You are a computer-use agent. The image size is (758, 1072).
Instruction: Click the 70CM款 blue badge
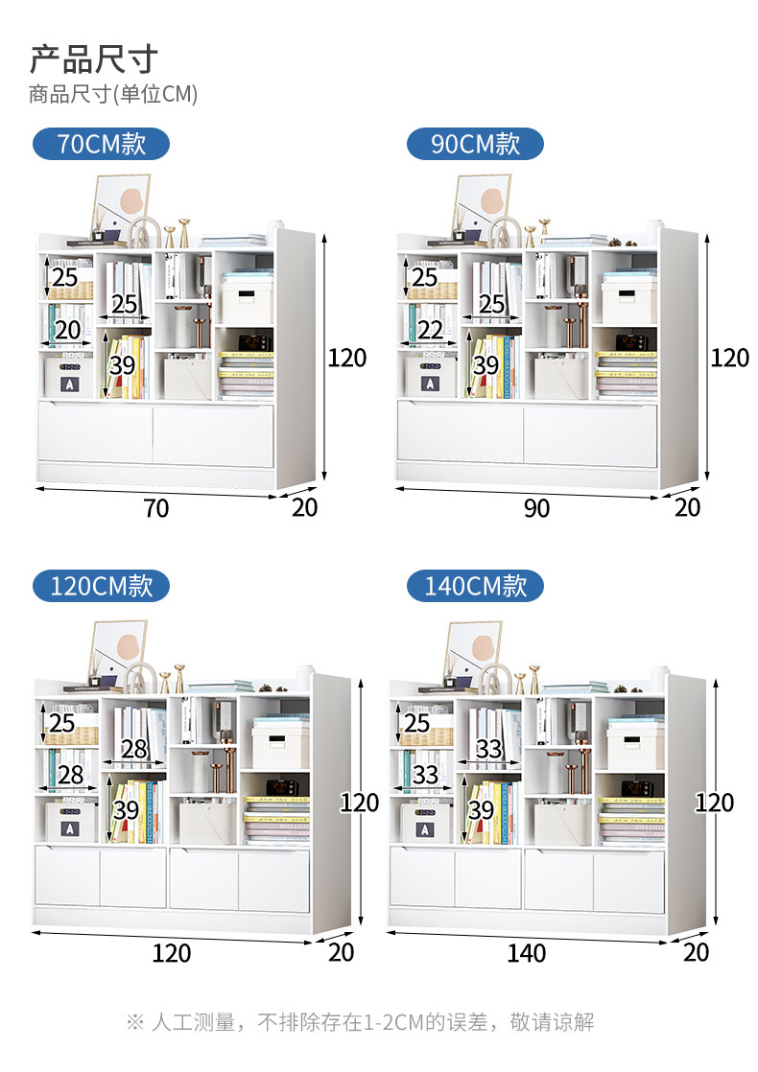pyautogui.click(x=102, y=144)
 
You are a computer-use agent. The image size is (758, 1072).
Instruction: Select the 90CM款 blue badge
pyautogui.click(x=475, y=144)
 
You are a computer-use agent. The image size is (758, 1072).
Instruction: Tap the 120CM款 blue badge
pyautogui.click(x=102, y=586)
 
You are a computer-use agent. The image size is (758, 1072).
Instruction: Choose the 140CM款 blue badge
pyautogui.click(x=475, y=586)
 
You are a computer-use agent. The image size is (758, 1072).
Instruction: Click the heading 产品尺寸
pyautogui.click(x=94, y=59)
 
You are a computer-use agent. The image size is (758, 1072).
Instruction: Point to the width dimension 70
pyautogui.click(x=156, y=508)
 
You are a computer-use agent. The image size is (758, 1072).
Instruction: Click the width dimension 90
pyautogui.click(x=536, y=508)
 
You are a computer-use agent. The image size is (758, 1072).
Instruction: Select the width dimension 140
pyautogui.click(x=526, y=952)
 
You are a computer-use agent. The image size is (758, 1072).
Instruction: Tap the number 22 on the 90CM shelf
pyautogui.click(x=430, y=330)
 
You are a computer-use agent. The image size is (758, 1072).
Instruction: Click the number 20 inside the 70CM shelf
pyautogui.click(x=68, y=330)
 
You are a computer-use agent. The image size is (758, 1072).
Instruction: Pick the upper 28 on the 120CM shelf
pyautogui.click(x=134, y=749)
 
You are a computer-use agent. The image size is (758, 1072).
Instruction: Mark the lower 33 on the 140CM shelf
pyautogui.click(x=425, y=775)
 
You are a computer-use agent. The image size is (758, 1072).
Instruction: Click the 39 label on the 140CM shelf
pyautogui.click(x=481, y=810)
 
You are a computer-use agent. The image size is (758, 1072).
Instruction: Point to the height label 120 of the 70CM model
pyautogui.click(x=346, y=358)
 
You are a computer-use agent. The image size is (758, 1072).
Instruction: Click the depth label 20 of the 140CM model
pyautogui.click(x=696, y=952)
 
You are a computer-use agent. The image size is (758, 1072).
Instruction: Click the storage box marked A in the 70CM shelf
pyautogui.click(x=69, y=377)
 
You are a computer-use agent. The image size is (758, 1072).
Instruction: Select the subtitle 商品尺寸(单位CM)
pyautogui.click(x=113, y=94)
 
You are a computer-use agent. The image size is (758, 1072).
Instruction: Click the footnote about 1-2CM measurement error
pyautogui.click(x=361, y=1022)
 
